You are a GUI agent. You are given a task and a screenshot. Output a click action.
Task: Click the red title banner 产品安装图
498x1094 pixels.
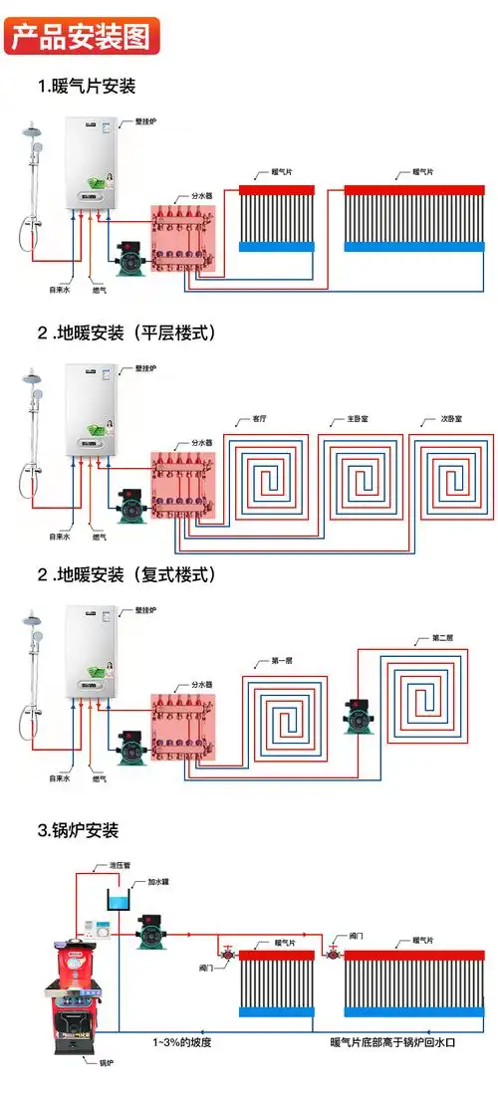coord(81,37)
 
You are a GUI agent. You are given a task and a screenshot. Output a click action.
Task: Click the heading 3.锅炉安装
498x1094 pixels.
coord(79,829)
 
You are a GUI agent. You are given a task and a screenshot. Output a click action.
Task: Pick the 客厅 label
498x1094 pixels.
coord(260,419)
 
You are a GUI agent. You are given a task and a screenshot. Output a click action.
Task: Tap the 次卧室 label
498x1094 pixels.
coord(452,419)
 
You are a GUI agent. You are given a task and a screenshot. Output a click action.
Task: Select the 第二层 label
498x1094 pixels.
coord(442,637)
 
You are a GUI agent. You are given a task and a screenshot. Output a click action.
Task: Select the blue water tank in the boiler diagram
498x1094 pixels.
coord(119,902)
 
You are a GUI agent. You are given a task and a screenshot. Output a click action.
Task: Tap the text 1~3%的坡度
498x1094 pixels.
coord(181,1041)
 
